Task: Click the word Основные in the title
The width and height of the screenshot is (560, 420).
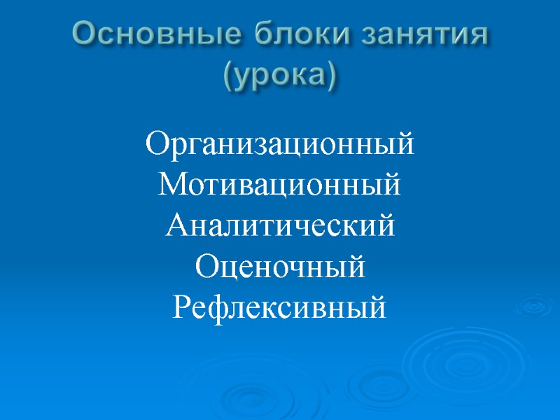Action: point(148,34)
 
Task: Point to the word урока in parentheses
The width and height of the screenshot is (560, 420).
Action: point(280,73)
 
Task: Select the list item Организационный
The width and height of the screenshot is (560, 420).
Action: point(280,146)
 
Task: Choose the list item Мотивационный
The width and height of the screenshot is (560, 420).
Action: point(280,186)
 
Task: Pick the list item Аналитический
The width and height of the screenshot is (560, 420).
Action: point(280,226)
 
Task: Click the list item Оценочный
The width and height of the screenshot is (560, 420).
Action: point(280,267)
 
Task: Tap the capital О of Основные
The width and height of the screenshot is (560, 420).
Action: point(86,34)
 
